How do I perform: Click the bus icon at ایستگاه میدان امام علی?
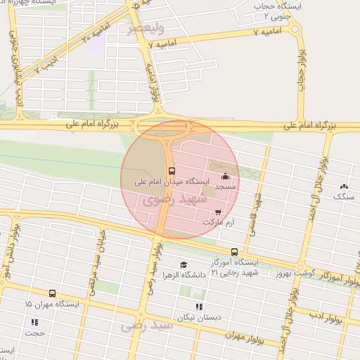tap(172, 171)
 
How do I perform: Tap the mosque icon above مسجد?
tap(225, 176)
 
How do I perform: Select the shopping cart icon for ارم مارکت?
tap(218, 212)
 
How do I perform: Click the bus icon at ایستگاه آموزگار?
tap(234, 252)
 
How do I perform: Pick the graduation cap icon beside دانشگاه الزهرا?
tap(184, 264)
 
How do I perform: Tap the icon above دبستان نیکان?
tap(199, 307)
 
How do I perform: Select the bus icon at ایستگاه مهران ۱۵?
tap(52, 293)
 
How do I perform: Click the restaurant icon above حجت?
tap(34, 322)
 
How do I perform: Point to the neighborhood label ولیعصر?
tap(146, 29)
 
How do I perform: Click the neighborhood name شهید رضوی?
tap(174, 200)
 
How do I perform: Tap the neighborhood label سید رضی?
tap(146, 326)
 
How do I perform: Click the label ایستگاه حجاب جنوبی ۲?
tap(277, 10)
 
